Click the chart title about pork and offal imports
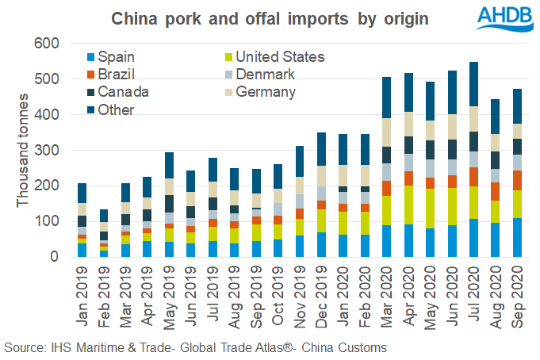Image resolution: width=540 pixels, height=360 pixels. [x=269, y=17]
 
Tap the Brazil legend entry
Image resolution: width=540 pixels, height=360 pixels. [x=109, y=75]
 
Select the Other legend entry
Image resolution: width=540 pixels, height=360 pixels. [x=106, y=110]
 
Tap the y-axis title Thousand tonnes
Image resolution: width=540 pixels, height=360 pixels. [x=21, y=151]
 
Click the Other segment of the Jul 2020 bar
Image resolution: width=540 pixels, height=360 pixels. [x=473, y=84]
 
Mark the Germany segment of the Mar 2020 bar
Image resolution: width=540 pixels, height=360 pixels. [x=386, y=132]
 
